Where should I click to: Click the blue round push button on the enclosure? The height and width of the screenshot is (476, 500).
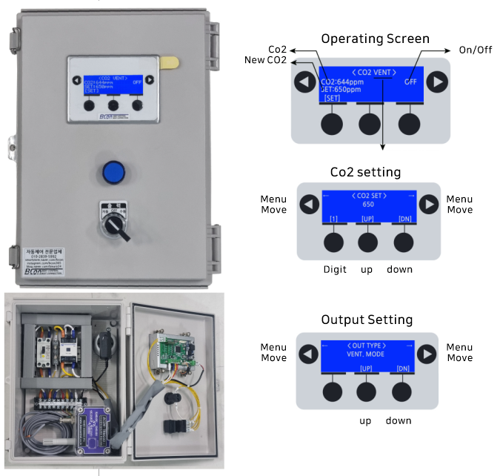click(113, 172)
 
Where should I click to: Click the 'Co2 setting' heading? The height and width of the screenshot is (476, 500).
click(365, 172)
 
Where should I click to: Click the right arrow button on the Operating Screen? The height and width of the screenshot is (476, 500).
click(437, 82)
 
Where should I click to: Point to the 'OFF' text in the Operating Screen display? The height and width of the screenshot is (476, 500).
click(410, 82)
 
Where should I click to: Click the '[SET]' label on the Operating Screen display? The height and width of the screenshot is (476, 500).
click(332, 98)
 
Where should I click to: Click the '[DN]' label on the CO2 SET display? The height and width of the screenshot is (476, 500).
click(402, 220)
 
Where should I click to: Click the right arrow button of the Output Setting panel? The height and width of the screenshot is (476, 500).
click(427, 353)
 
